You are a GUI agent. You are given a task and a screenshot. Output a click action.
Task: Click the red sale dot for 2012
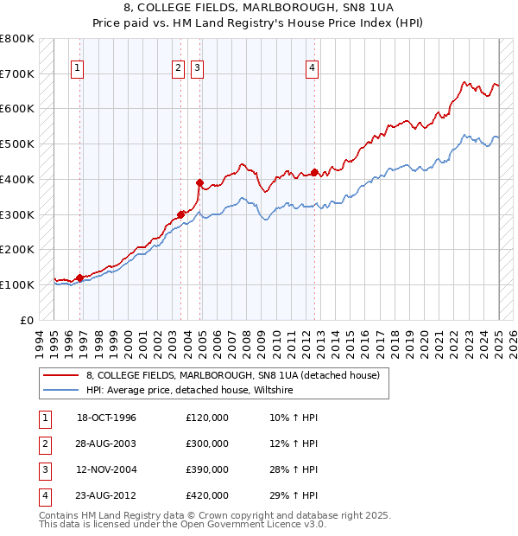pos(314,171)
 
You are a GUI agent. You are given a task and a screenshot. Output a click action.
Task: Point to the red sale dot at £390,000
pos(199,182)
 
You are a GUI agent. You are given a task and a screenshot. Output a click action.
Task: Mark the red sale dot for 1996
pos(80,278)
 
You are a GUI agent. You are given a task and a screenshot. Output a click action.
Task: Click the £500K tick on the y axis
pos(18,144)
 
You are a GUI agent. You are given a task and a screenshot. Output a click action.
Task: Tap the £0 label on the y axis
pos(26,320)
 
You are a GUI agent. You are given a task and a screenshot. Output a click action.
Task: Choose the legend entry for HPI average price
pos(190,391)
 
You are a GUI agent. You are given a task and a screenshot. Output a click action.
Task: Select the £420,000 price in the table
pos(207,495)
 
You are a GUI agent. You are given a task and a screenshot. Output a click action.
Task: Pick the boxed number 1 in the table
pos(42,418)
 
